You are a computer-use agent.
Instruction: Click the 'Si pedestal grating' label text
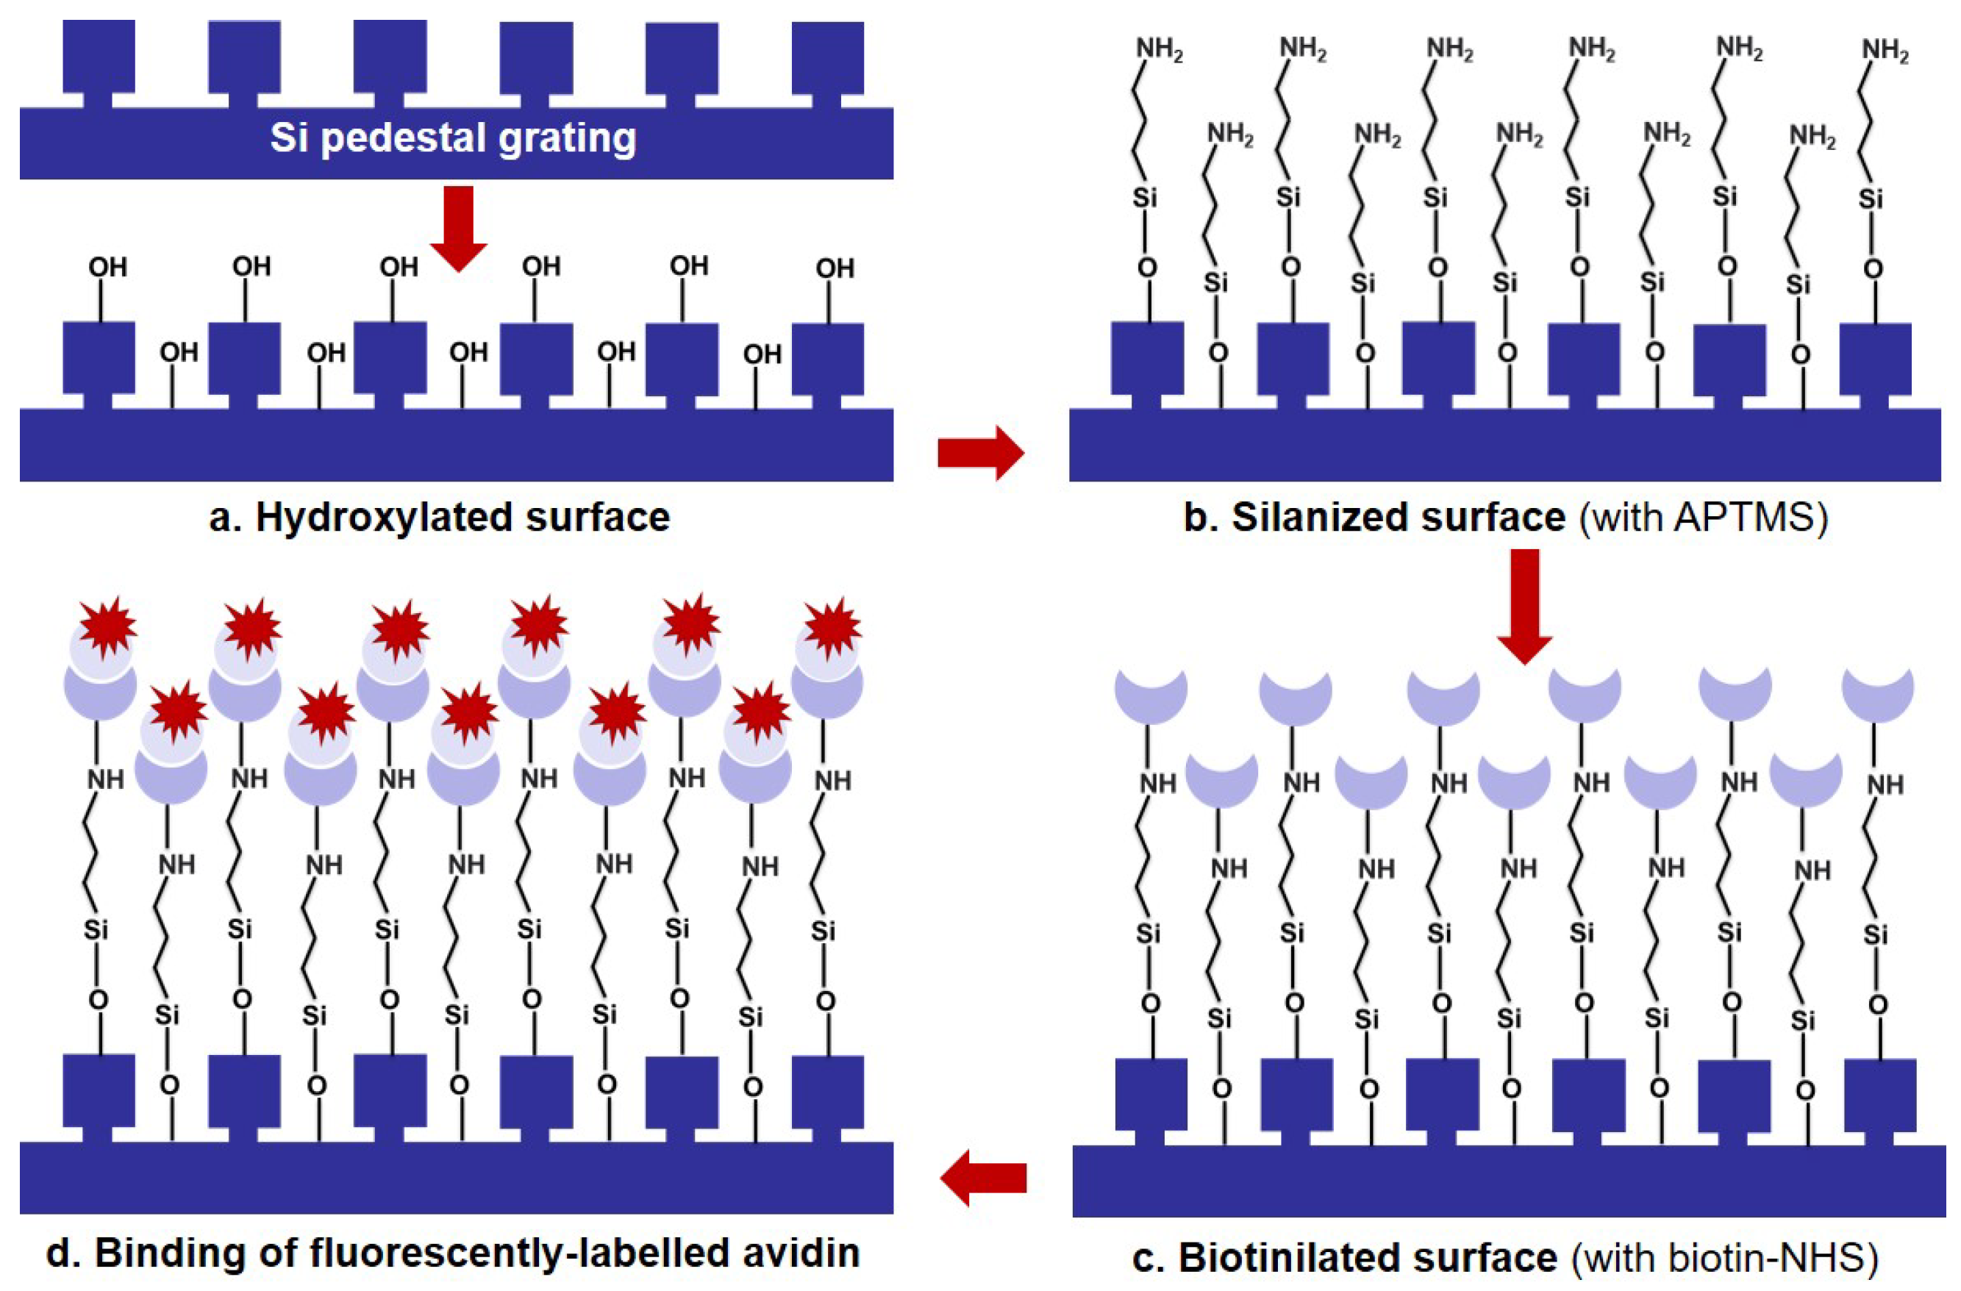coord(453,137)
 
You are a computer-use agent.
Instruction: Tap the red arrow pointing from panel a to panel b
coord(979,452)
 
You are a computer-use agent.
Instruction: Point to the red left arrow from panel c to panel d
coord(983,1177)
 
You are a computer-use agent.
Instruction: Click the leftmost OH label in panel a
coord(108,268)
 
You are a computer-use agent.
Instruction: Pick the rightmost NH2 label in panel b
coord(1885,51)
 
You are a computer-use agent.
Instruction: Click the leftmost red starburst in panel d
coord(107,627)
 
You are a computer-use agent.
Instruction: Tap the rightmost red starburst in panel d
coord(833,627)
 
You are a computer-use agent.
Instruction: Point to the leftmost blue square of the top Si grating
coord(99,56)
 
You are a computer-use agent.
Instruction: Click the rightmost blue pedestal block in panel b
coord(1875,358)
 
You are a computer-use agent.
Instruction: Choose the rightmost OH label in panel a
coord(835,268)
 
